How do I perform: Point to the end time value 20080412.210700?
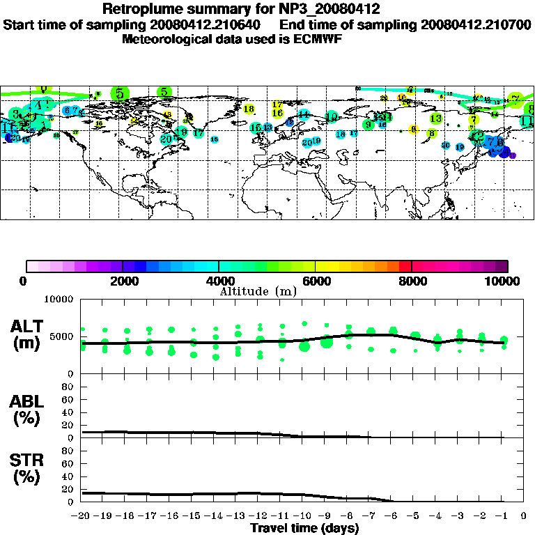coord(476,24)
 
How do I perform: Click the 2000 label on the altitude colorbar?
coord(123,281)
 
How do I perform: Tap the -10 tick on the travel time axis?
coord(304,516)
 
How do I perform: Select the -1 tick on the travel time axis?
coord(504,516)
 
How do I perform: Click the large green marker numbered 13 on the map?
coord(435,118)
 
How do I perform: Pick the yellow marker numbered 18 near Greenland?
coord(167,114)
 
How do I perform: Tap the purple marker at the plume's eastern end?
coord(513,155)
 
